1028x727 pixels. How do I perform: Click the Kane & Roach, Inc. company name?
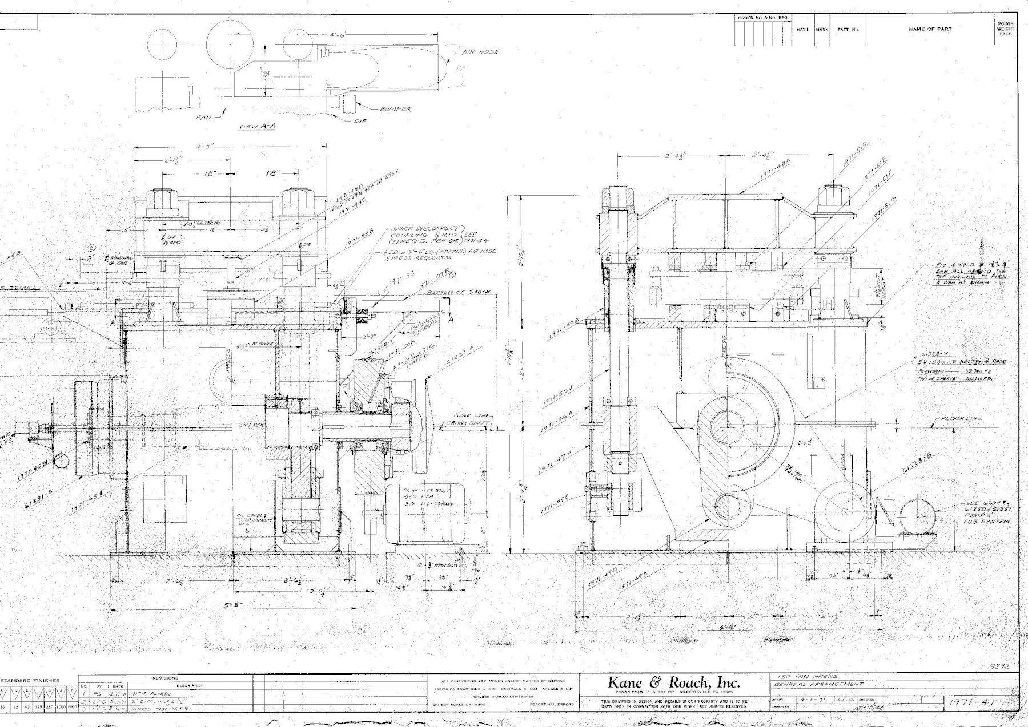tap(674, 682)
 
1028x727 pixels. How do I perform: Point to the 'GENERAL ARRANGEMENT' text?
tap(820, 684)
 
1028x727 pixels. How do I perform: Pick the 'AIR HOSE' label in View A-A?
tap(481, 52)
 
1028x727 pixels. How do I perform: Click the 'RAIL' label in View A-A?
tap(204, 118)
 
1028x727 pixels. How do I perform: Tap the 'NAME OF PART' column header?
tap(930, 29)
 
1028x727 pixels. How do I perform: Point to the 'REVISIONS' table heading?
tap(166, 678)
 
